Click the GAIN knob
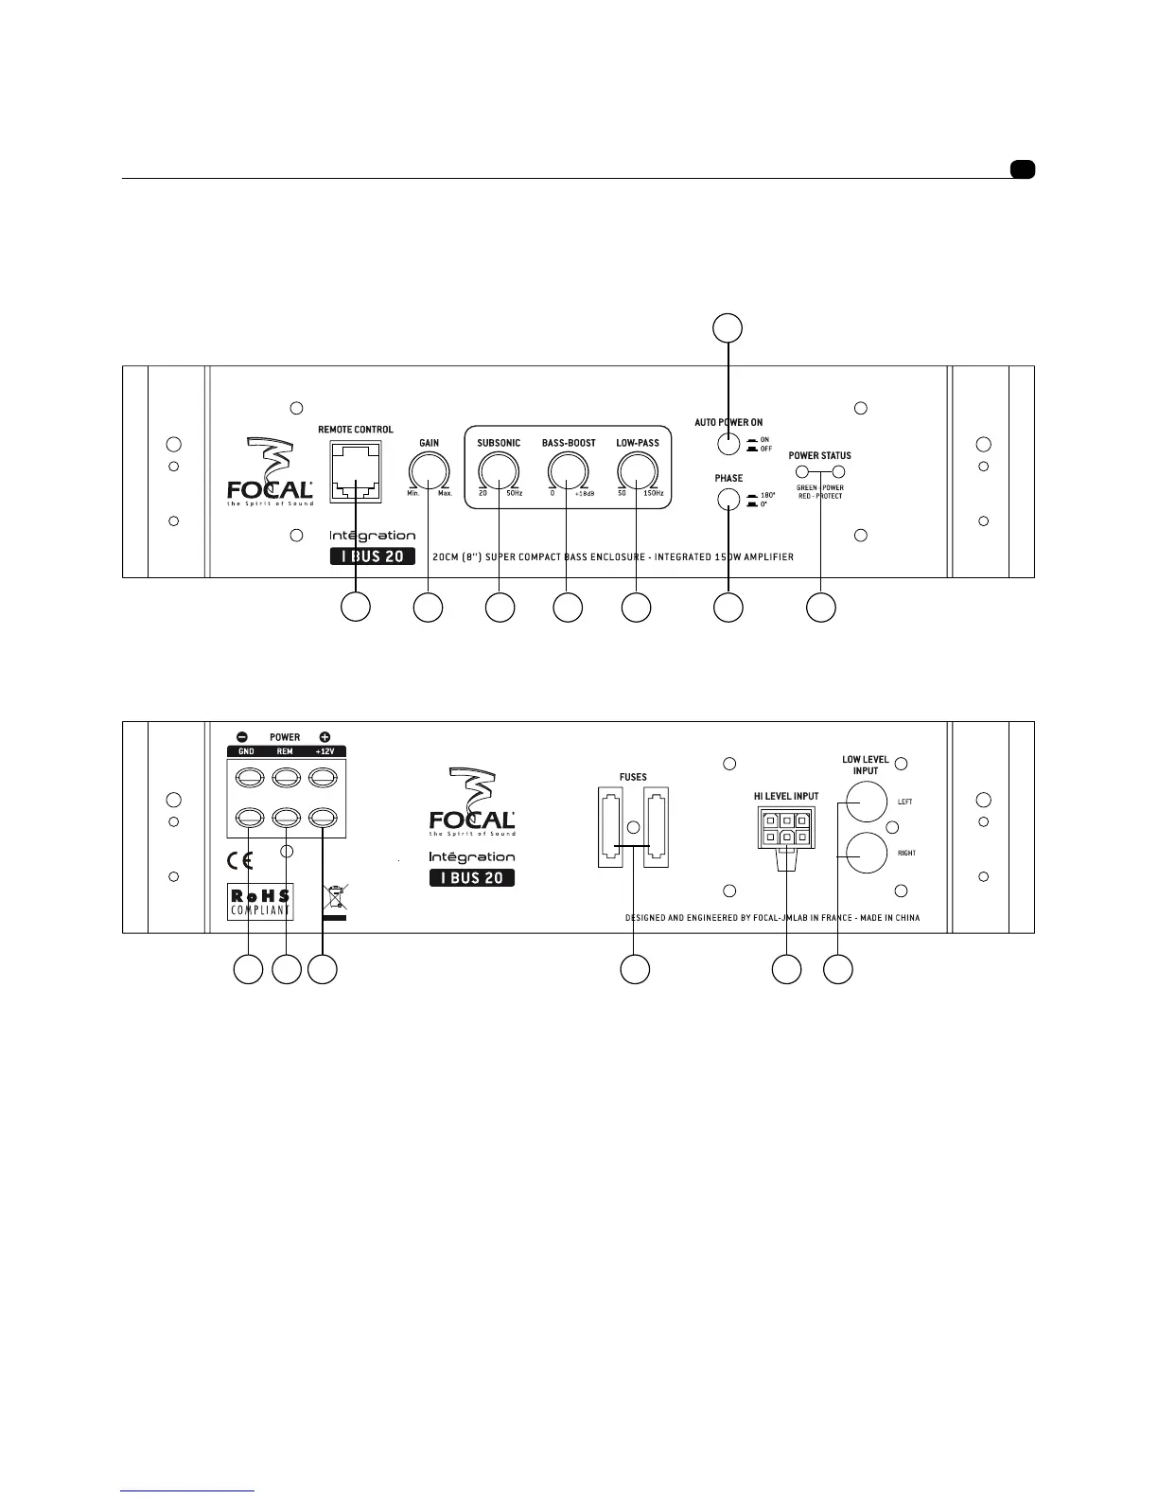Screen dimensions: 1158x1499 (x=429, y=471)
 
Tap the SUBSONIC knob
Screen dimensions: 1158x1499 (x=499, y=471)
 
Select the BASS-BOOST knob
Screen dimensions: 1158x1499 (x=568, y=471)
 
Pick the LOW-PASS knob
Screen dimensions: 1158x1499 (x=637, y=471)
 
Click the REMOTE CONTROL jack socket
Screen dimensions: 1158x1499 (x=356, y=472)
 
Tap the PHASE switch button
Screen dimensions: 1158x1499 (x=728, y=501)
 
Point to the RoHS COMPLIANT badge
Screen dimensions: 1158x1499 (x=260, y=902)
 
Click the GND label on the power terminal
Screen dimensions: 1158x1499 (x=246, y=751)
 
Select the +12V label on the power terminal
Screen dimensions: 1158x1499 (x=324, y=751)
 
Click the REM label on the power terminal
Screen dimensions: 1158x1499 (x=285, y=751)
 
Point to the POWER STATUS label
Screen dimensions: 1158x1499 (x=819, y=455)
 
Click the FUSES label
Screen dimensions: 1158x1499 (x=633, y=777)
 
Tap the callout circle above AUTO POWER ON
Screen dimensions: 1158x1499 (x=727, y=327)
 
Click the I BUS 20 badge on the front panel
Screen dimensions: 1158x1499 (x=372, y=556)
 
